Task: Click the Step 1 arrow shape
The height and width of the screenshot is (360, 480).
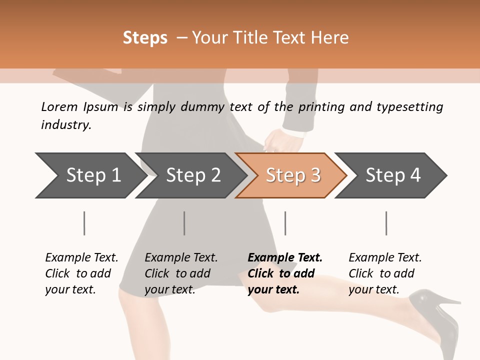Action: pyautogui.click(x=90, y=175)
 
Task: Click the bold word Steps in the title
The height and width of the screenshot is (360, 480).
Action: pyautogui.click(x=145, y=38)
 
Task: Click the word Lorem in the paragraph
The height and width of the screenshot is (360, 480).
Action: pyautogui.click(x=59, y=106)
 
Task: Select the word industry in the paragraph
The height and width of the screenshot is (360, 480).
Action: pyautogui.click(x=66, y=125)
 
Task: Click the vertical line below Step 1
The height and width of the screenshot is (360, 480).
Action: pyautogui.click(x=84, y=223)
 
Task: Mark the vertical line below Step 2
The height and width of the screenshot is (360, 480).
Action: pyautogui.click(x=184, y=223)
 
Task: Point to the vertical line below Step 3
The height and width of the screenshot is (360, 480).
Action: pyautogui.click(x=285, y=223)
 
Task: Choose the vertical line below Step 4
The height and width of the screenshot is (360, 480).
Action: pyautogui.click(x=386, y=223)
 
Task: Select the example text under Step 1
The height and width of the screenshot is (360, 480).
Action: pyautogui.click(x=81, y=273)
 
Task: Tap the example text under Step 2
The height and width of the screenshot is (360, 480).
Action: pyautogui.click(x=181, y=273)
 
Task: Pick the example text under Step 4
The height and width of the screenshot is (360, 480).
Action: pyautogui.click(x=385, y=273)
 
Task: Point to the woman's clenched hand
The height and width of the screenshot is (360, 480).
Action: pyautogui.click(x=273, y=140)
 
